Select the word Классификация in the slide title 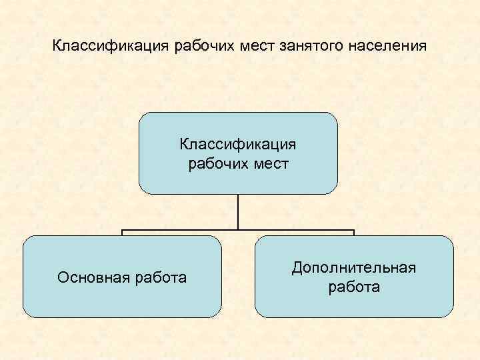[111, 47]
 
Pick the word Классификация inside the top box [238, 144]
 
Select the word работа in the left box [160, 277]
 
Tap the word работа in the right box [354, 287]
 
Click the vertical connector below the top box [238, 212]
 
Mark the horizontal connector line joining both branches [180, 231]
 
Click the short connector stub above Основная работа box [122, 233]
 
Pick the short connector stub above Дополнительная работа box [354, 233]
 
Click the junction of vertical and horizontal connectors [238, 231]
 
